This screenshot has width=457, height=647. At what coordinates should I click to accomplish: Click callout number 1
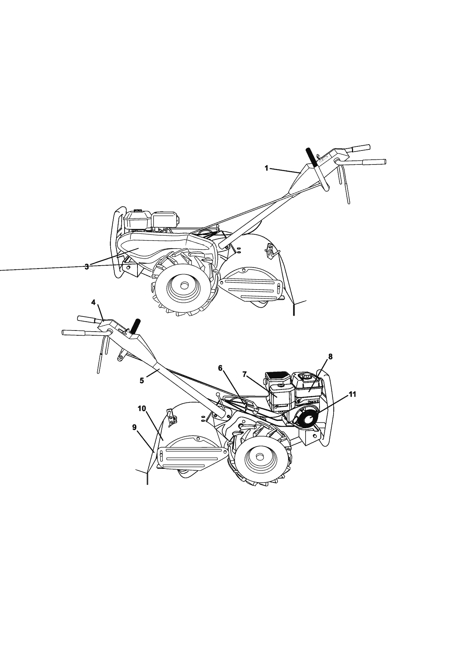coord(266,168)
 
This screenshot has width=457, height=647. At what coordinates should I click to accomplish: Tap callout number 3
coord(87,267)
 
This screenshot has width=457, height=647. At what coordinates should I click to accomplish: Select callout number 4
coord(93,302)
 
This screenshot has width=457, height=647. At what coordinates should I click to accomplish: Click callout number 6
coord(220,368)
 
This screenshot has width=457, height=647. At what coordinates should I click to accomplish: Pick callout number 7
coord(244,374)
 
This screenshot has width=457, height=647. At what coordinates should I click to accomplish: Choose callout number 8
coord(330,357)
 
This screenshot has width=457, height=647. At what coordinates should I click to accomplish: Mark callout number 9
coord(135,427)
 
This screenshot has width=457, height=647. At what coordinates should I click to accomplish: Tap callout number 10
coord(142,408)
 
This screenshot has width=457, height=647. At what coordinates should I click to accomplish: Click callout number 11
coord(352,394)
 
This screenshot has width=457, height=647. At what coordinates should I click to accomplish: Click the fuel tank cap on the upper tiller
coord(137,211)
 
